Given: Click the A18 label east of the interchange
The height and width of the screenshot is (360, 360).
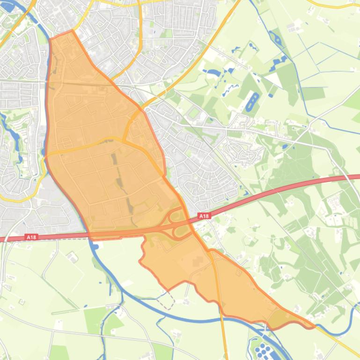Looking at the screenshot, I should (204, 216).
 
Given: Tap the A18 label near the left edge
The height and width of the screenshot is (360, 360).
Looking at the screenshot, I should (31, 238).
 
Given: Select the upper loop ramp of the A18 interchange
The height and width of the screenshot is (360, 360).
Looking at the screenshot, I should (176, 216).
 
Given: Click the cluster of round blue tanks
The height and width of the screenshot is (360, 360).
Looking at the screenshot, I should (264, 349).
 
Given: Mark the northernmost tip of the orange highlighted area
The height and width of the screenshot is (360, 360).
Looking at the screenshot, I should (72, 31).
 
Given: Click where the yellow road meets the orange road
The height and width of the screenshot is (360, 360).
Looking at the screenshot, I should (124, 141).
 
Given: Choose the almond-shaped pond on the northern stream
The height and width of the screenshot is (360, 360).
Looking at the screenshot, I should (277, 40).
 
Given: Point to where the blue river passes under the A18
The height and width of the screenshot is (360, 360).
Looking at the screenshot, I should (89, 234).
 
